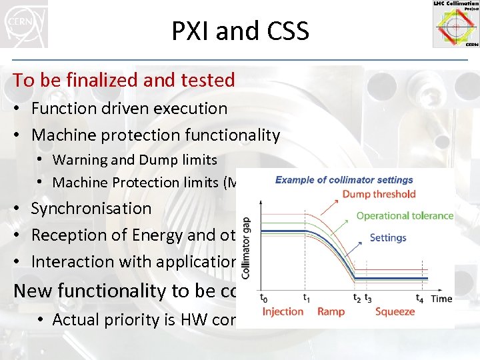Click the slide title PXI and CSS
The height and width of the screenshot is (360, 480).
[x=240, y=31]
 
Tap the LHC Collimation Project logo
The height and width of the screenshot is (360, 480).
[x=455, y=25]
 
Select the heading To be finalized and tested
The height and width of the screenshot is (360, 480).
[x=124, y=80]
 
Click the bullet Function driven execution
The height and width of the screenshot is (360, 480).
[x=129, y=108]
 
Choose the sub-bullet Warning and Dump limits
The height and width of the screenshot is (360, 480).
[x=135, y=159]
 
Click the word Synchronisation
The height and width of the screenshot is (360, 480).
[x=91, y=208]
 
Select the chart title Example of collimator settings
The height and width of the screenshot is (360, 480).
[x=344, y=180]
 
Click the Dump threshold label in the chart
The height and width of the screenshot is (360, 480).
[x=379, y=195]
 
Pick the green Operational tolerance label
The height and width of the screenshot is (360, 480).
[x=405, y=215]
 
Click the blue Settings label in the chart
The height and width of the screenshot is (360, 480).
[x=387, y=237]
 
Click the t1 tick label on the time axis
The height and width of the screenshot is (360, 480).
[x=306, y=299]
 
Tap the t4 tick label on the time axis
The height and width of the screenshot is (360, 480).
[x=419, y=299]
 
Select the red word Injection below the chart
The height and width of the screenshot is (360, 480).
[x=283, y=311]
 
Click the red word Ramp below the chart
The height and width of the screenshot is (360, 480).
[x=331, y=311]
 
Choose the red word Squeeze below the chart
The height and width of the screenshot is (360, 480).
[x=395, y=311]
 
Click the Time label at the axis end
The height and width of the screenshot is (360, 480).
[x=441, y=299]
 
